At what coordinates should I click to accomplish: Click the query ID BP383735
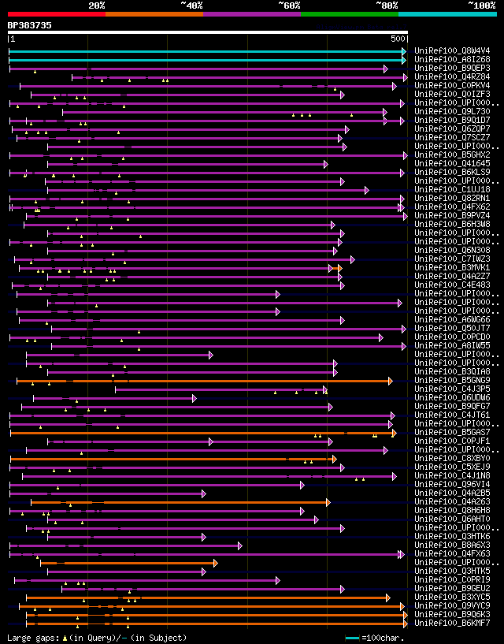(x=30, y=25)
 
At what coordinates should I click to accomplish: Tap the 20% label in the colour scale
(x=96, y=5)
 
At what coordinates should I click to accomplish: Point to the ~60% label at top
(x=289, y=5)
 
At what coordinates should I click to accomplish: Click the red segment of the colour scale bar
(x=56, y=13)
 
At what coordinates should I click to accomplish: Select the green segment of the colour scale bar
(x=349, y=13)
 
